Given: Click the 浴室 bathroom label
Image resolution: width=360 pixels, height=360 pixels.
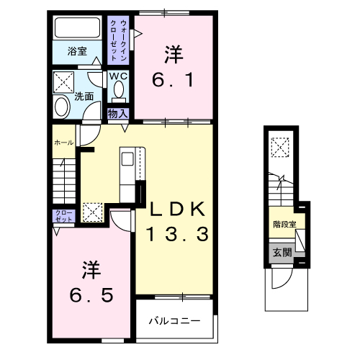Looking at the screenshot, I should [77, 51].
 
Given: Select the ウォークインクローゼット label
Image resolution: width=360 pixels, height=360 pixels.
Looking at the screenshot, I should [120, 42].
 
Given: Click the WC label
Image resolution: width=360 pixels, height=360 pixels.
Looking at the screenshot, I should [119, 76].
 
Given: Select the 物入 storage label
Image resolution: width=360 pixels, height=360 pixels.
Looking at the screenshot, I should [117, 113].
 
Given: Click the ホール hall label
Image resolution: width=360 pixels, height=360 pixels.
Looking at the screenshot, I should [63, 143].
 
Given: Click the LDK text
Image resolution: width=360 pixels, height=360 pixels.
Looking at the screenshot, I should [178, 210].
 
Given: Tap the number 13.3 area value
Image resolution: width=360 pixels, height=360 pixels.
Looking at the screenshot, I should [178, 234].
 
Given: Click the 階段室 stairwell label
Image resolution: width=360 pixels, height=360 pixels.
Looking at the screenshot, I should [284, 224].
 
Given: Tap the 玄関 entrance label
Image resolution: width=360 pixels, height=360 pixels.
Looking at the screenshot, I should [282, 253].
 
